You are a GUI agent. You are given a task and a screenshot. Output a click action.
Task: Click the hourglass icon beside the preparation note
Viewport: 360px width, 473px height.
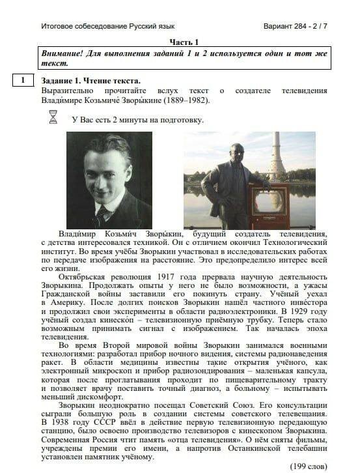coord(53,117)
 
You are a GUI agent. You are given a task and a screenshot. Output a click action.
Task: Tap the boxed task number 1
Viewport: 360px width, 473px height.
coord(23,81)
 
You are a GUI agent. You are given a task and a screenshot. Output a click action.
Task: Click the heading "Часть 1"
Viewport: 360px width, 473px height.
coord(184,41)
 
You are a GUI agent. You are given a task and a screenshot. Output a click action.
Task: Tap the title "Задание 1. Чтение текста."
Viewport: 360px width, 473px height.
coord(90,81)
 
